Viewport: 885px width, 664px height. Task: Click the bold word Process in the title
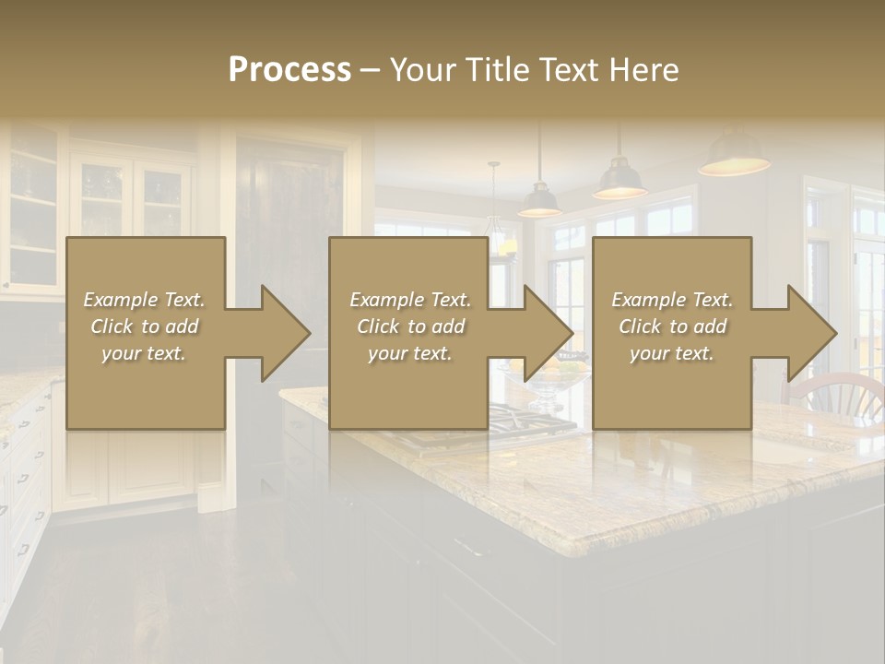289,70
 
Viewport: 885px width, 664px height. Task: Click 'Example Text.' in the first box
145,300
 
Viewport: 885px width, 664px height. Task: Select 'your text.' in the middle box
409,353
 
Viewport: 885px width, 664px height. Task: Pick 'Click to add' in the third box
672,326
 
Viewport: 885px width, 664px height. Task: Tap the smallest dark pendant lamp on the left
539,201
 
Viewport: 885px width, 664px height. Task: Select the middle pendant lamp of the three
619,180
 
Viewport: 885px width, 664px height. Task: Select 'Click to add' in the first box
145,326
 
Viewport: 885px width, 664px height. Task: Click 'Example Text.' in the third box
672,300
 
